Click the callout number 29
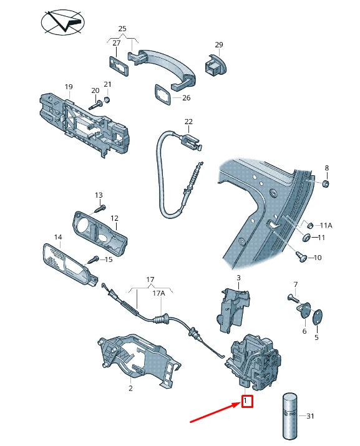coord(219,45)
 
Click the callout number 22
coord(188,122)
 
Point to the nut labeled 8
coord(328,184)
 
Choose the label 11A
coord(326,225)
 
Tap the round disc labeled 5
coord(317,316)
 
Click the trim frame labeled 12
coord(100,230)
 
